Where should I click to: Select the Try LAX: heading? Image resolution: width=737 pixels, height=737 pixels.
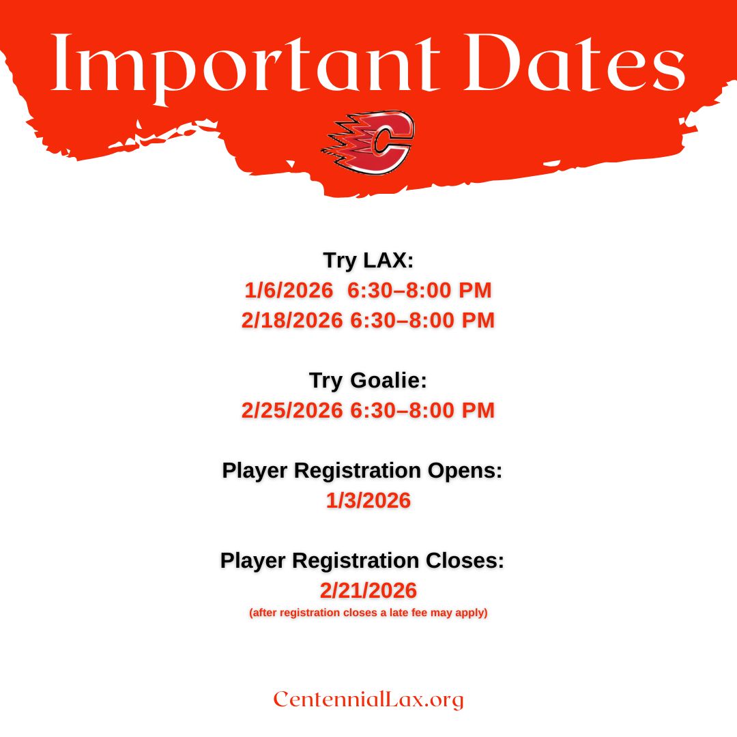tap(369, 260)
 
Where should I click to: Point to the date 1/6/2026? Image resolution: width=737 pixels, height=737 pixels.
tap(289, 290)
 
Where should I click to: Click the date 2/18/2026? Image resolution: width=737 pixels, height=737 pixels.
tap(292, 320)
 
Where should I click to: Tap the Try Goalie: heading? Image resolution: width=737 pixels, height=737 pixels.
tap(369, 380)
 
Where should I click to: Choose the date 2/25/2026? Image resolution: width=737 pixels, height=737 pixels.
tap(292, 410)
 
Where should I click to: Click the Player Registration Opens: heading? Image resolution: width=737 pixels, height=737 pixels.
tap(362, 470)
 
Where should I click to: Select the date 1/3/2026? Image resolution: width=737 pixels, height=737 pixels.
tap(369, 500)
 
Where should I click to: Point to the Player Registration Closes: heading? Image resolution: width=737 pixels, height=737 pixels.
tap(362, 560)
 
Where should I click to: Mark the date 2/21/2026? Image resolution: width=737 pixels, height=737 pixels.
tap(369, 590)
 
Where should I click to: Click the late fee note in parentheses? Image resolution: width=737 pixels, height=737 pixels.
tap(369, 612)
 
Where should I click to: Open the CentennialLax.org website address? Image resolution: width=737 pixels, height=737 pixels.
tap(369, 699)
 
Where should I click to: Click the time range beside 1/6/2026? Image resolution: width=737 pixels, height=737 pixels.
tap(420, 290)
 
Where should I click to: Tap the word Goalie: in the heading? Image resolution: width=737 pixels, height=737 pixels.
tap(389, 380)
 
